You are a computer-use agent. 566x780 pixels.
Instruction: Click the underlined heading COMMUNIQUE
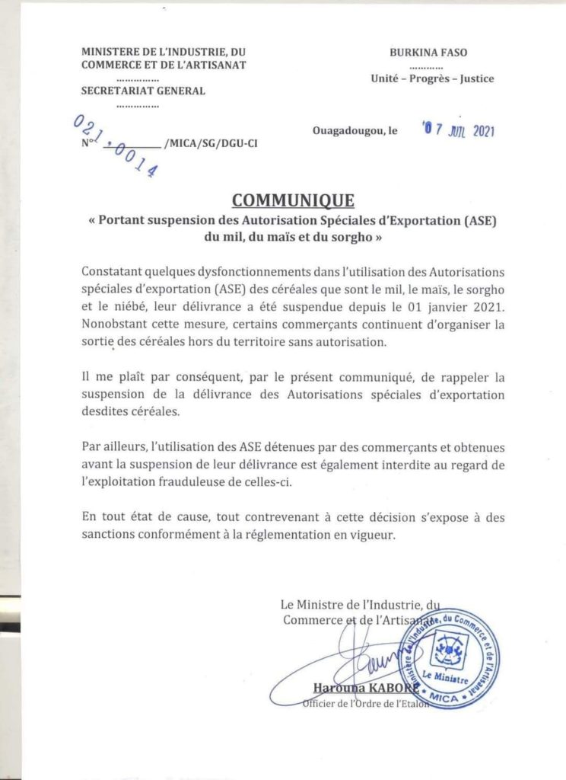(x=293, y=201)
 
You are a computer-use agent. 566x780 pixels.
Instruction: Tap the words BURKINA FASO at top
(x=428, y=53)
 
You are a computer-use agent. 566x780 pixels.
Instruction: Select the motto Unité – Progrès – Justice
(x=432, y=78)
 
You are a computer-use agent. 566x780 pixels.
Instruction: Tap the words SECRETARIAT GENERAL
(x=143, y=91)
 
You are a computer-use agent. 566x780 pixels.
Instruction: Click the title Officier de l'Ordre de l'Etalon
(x=366, y=704)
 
